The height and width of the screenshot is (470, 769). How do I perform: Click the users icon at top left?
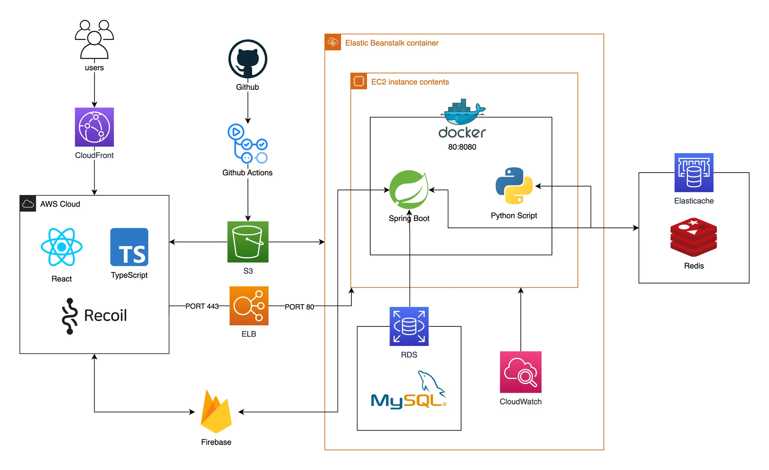pyautogui.click(x=94, y=39)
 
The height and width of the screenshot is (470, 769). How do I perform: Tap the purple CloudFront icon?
pyautogui.click(x=94, y=127)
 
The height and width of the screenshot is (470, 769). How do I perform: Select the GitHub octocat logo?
pyautogui.click(x=248, y=59)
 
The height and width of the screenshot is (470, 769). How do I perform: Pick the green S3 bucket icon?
pyautogui.click(x=248, y=242)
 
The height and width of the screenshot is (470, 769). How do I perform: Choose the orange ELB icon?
pyautogui.click(x=249, y=306)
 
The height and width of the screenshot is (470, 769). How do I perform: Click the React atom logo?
pyautogui.click(x=62, y=247)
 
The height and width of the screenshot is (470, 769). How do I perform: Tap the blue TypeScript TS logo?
pyautogui.click(x=129, y=247)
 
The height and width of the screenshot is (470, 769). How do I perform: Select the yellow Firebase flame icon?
pyautogui.click(x=216, y=412)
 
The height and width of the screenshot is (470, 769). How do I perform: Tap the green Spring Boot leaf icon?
pyautogui.click(x=409, y=190)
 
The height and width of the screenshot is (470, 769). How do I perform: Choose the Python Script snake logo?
pyautogui.click(x=514, y=186)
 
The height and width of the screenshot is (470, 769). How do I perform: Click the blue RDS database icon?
pyautogui.click(x=409, y=326)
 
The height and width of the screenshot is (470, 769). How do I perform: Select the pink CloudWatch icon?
pyautogui.click(x=520, y=372)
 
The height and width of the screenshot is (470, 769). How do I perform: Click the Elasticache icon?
pyautogui.click(x=694, y=173)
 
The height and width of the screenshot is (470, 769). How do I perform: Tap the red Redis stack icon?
pyautogui.click(x=694, y=237)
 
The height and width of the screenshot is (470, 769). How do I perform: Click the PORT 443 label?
pyautogui.click(x=202, y=306)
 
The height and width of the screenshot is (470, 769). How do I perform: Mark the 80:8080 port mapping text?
pyautogui.click(x=462, y=147)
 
